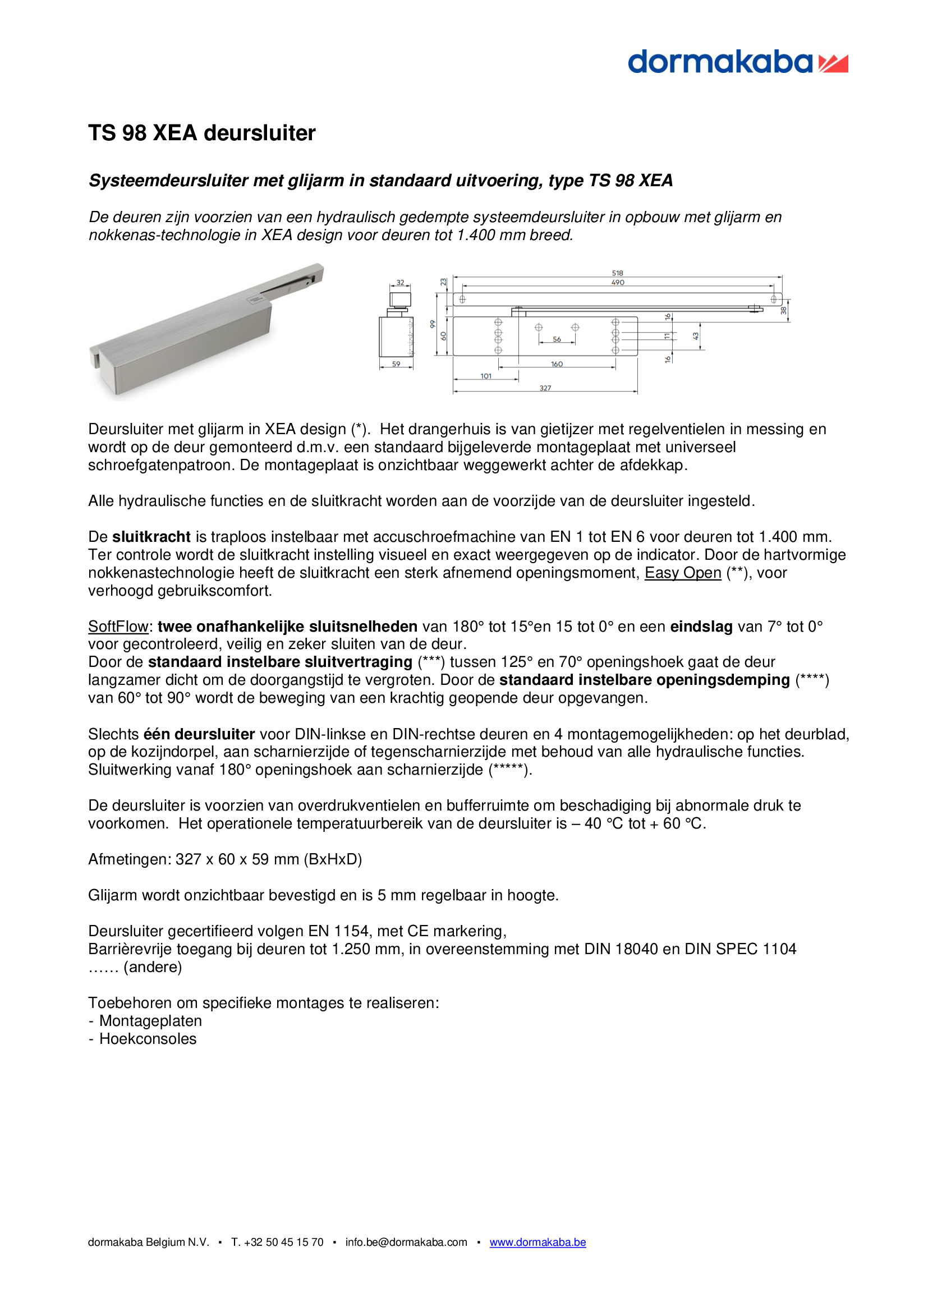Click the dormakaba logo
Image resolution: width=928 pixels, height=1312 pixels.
737,62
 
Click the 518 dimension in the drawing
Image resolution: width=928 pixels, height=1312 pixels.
617,273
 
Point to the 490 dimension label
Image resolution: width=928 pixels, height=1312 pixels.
618,282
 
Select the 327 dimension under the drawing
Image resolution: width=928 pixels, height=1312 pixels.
545,388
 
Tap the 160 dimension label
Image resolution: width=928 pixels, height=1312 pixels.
557,364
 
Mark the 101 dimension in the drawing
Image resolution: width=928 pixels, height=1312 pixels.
486,376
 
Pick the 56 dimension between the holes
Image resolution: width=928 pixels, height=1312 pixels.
557,339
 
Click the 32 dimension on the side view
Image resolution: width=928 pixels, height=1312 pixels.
400,282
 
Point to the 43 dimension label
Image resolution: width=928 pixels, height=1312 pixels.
696,337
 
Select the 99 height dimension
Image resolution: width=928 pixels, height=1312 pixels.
433,324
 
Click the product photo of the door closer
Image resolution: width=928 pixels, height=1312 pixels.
206,332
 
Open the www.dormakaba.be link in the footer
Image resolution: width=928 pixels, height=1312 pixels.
537,1242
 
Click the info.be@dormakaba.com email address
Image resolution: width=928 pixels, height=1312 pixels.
406,1242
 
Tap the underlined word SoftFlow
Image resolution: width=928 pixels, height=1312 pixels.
118,627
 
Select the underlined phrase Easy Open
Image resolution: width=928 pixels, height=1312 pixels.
682,573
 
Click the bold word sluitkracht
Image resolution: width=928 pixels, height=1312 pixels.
151,537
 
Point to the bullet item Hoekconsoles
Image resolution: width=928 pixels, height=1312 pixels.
148,1038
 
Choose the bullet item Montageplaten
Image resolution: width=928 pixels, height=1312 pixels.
150,1020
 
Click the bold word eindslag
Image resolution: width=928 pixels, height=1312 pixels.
701,627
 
